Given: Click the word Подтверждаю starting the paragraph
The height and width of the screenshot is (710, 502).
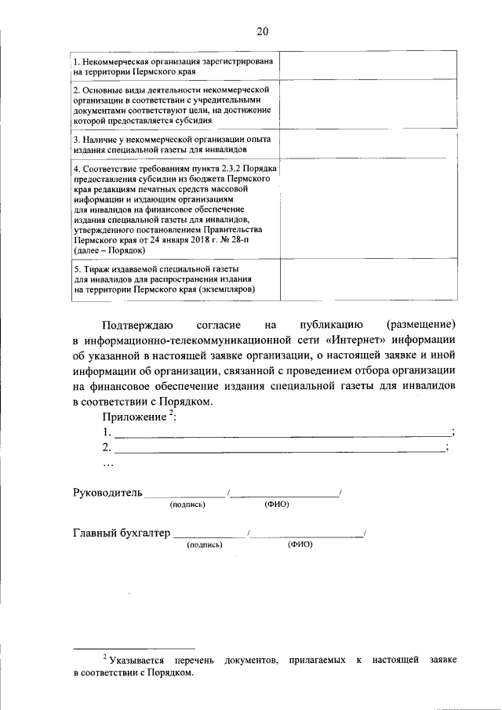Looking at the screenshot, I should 137,324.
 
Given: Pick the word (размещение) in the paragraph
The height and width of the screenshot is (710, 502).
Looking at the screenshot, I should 420,324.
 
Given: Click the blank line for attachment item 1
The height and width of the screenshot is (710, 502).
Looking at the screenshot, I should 282,433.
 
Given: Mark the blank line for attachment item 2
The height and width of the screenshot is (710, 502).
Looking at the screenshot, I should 279,448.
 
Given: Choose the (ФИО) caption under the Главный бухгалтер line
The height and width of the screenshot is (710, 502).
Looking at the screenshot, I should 300,544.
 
